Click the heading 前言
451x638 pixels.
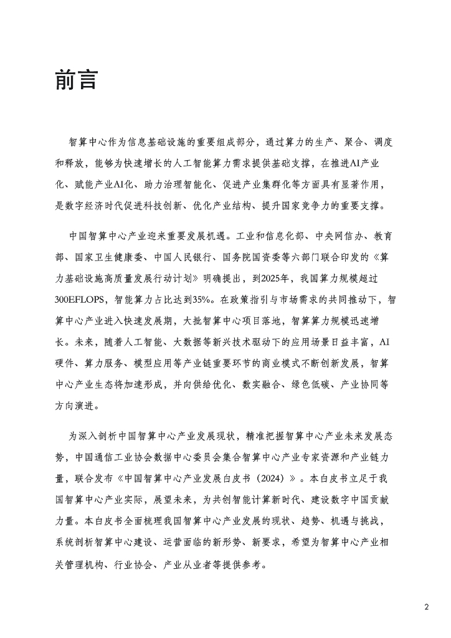pos(77,81)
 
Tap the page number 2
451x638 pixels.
pos(427,607)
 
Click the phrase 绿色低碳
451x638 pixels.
pos(310,384)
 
